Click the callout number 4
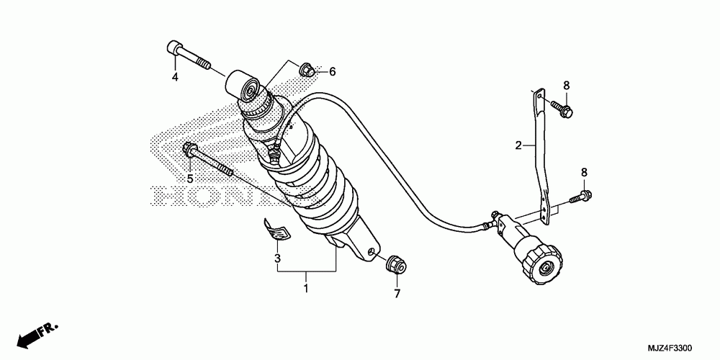[x=174, y=77]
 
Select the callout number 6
[x=333, y=72]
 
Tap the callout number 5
[x=190, y=179]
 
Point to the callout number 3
[x=276, y=257]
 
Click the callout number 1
[x=306, y=289]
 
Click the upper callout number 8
[x=566, y=85]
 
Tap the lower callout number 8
[x=584, y=172]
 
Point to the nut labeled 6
[x=306, y=70]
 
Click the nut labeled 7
[x=395, y=265]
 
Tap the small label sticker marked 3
[x=276, y=229]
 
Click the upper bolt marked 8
[x=562, y=109]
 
